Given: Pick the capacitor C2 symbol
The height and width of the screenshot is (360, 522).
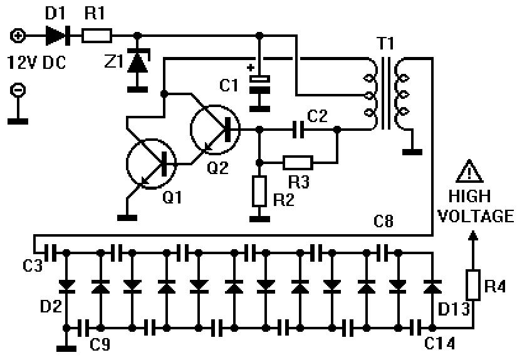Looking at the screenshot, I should coord(297,130).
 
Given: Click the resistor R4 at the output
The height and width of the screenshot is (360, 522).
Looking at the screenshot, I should coord(473,284).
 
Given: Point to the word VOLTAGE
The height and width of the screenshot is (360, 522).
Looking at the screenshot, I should coord(475,217).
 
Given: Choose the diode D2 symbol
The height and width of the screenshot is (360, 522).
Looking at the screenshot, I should coord(65,285).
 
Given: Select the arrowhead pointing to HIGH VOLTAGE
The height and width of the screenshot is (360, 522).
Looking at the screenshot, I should coord(473,235).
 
